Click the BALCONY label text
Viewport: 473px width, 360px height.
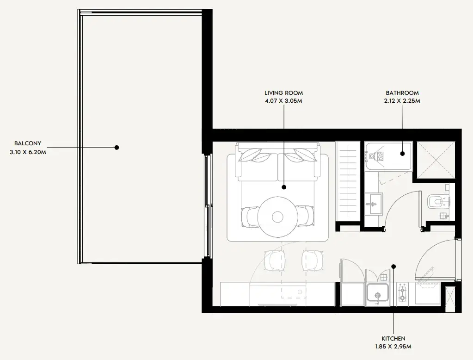pyautogui.click(x=28, y=143)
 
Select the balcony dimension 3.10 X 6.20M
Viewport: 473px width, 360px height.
pyautogui.click(x=28, y=152)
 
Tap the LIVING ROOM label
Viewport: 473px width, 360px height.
pyautogui.click(x=283, y=93)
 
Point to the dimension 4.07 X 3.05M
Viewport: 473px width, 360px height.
pyautogui.click(x=283, y=101)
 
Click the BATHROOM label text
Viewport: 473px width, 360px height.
pyautogui.click(x=402, y=93)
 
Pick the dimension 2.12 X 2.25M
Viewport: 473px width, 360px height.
pyautogui.click(x=402, y=101)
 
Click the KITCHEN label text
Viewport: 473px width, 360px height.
pyautogui.click(x=393, y=339)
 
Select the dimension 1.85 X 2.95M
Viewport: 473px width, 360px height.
pyautogui.click(x=393, y=347)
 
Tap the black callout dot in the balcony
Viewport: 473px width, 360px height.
pyautogui.click(x=117, y=148)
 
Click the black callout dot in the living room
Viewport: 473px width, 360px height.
pyautogui.click(x=284, y=187)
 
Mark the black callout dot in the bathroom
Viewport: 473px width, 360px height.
pyautogui.click(x=402, y=154)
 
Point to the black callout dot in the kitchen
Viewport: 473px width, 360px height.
pyautogui.click(x=393, y=267)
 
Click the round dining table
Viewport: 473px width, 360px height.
pyautogui.click(x=276, y=217)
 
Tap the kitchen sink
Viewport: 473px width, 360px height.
pyautogui.click(x=377, y=292)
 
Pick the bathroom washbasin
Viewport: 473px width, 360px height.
pyautogui.click(x=373, y=204)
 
